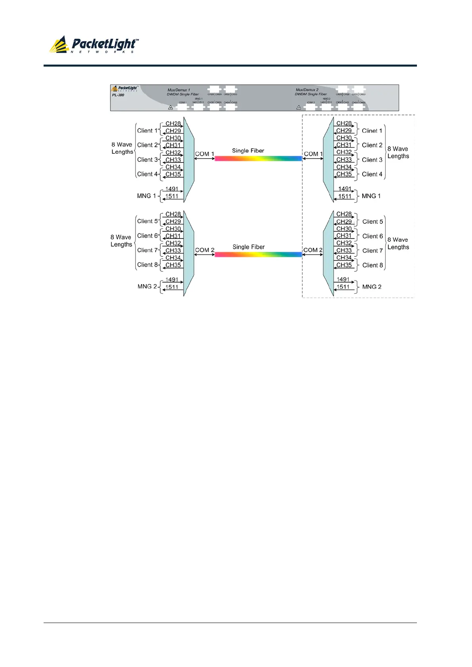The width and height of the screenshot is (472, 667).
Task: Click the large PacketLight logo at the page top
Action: click(x=94, y=45)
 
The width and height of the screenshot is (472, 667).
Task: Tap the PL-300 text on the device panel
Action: click(x=118, y=95)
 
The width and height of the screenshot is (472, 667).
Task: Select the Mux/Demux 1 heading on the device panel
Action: click(x=179, y=90)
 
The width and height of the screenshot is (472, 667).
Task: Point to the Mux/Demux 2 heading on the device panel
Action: click(x=307, y=90)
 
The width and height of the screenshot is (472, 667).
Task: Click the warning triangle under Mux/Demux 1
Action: click(x=170, y=107)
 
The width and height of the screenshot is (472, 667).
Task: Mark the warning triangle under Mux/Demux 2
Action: click(x=299, y=107)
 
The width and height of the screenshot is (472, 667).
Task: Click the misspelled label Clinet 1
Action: click(x=372, y=131)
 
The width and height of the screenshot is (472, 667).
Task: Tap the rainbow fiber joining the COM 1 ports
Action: click(x=258, y=159)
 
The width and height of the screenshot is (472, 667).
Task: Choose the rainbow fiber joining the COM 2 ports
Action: click(x=258, y=254)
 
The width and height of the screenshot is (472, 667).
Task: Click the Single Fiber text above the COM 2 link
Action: click(x=248, y=247)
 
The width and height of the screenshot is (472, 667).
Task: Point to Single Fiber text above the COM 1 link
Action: click(x=248, y=151)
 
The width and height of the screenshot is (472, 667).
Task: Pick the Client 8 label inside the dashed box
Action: click(x=373, y=265)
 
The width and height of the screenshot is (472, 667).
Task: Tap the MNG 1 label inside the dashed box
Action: click(x=371, y=196)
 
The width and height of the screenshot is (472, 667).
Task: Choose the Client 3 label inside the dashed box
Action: click(x=372, y=160)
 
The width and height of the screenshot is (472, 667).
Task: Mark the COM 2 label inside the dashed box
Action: click(x=313, y=250)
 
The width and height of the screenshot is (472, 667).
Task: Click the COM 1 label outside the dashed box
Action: click(x=204, y=154)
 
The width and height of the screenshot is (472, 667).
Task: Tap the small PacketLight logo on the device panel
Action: click(x=125, y=88)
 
